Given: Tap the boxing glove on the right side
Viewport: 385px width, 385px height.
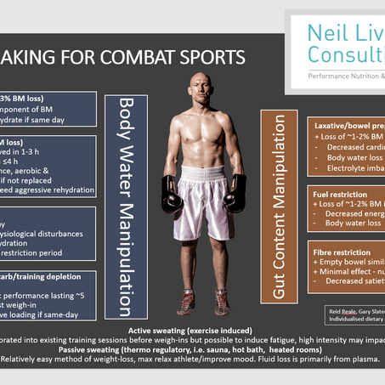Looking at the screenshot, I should coord(236,193).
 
